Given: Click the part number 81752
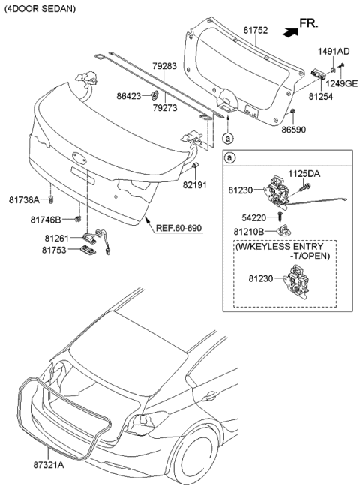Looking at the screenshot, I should (256, 30).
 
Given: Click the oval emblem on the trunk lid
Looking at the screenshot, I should (79, 158).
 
